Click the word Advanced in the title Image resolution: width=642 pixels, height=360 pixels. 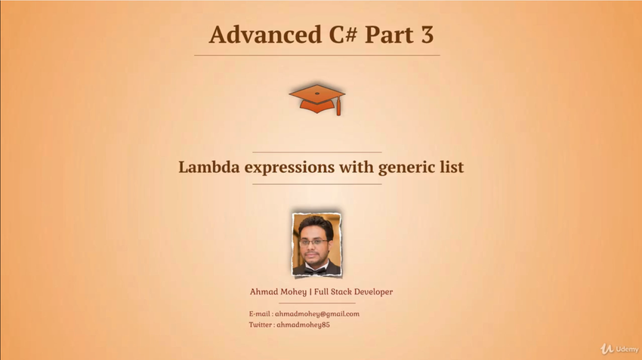coord(265,34)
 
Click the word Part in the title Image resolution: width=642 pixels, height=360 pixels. coord(389,35)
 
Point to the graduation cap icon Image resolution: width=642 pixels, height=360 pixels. coord(317,100)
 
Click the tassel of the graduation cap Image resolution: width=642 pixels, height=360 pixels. coord(338,107)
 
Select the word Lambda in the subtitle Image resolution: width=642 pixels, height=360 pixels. coord(208,167)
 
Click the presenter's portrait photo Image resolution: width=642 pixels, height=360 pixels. coord(316,245)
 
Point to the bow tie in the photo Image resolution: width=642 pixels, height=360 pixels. coord(316,269)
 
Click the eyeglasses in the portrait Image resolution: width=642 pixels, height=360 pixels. coord(313,242)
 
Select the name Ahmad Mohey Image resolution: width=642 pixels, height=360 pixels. coord(278,291)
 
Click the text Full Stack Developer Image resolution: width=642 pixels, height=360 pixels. coord(353,291)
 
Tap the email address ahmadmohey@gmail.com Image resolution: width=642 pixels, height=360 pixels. coord(317,314)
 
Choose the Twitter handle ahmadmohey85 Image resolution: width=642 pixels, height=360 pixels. coord(303,325)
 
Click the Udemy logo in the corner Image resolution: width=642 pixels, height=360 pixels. coord(619,349)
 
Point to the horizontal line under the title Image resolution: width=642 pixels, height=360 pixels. coord(317,55)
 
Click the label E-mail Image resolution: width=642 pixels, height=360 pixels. coord(260,314)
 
